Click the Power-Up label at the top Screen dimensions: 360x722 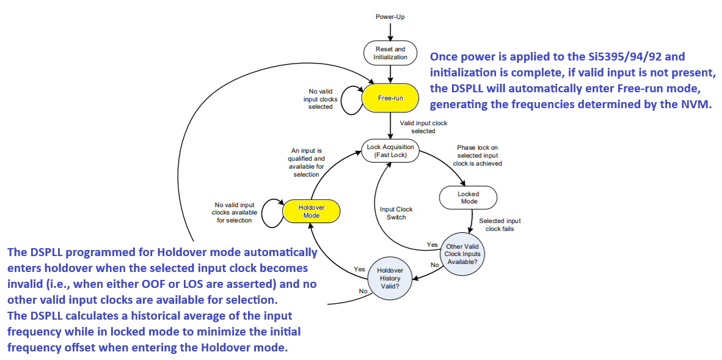[390, 17]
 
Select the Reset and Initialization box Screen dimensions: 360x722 [390, 53]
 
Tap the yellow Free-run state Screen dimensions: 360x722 [390, 98]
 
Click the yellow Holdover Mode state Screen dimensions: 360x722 [311, 211]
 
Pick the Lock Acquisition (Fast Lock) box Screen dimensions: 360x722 [390, 151]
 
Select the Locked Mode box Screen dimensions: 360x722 [468, 197]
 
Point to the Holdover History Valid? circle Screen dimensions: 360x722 [388, 278]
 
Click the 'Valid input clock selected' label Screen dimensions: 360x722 [423, 127]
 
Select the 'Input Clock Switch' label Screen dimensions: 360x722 [396, 213]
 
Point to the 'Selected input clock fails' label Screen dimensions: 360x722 [500, 225]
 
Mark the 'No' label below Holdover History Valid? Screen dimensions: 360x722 [363, 292]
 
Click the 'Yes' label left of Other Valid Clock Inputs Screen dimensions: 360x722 [432, 245]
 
